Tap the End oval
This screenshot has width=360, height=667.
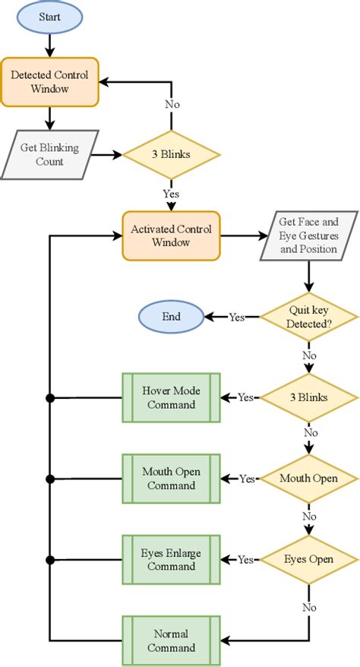click(171, 317)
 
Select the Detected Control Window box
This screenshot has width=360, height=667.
click(49, 81)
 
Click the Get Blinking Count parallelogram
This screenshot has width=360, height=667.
click(49, 153)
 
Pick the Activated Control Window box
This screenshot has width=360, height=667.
click(171, 236)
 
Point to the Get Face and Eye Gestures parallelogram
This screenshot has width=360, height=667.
click(308, 236)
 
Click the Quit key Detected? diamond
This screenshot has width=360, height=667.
click(308, 317)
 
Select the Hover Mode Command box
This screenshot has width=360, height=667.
click(171, 397)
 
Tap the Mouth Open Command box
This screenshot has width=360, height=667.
click(171, 479)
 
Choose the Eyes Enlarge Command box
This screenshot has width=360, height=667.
click(171, 559)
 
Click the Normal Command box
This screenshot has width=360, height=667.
click(171, 640)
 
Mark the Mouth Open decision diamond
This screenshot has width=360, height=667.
click(308, 479)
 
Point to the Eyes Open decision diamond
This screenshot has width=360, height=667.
click(308, 559)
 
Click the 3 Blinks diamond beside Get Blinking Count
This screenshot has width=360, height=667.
click(172, 154)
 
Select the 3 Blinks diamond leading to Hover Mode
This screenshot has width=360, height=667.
click(308, 397)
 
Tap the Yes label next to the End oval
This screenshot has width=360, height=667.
click(237, 317)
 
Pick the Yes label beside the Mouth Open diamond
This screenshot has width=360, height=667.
click(247, 479)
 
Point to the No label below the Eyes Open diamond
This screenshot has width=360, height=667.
click(308, 607)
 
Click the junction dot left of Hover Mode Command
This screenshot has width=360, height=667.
click(50, 397)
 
